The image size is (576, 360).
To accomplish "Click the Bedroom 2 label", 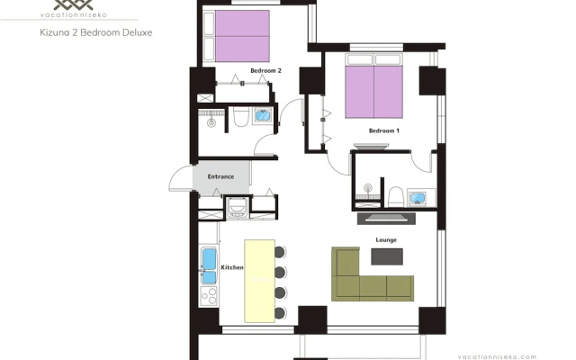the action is pos(265,70).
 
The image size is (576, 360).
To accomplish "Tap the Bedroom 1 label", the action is pos(384,130).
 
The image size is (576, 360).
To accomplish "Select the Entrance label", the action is pos(220,176).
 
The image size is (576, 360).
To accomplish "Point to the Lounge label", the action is pos(386,240).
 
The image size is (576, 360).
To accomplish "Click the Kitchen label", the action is pos(232,267).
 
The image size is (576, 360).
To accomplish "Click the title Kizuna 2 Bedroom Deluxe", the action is pos(96,32).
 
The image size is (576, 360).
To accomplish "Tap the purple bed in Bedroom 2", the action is pos(242,36).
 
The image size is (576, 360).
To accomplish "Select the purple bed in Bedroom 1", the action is pos(373,92).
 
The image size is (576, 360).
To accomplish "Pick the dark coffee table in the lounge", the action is pos(387,256).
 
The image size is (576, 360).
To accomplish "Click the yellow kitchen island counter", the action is pos(260,281).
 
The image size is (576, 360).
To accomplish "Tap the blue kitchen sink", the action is pos(209,265).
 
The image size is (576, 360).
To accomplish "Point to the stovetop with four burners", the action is pos(209,296).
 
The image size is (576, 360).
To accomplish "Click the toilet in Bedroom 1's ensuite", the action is pos(396,196).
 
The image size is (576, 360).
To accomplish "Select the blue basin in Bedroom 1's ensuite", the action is pos(418,198).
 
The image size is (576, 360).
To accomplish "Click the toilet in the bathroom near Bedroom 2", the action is pos(240,116).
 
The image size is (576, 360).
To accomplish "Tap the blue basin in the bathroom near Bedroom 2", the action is pos(263,115).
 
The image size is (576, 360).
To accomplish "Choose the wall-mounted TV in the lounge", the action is pos(386,219).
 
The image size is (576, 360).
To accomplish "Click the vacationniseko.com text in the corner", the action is pos(497,357).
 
